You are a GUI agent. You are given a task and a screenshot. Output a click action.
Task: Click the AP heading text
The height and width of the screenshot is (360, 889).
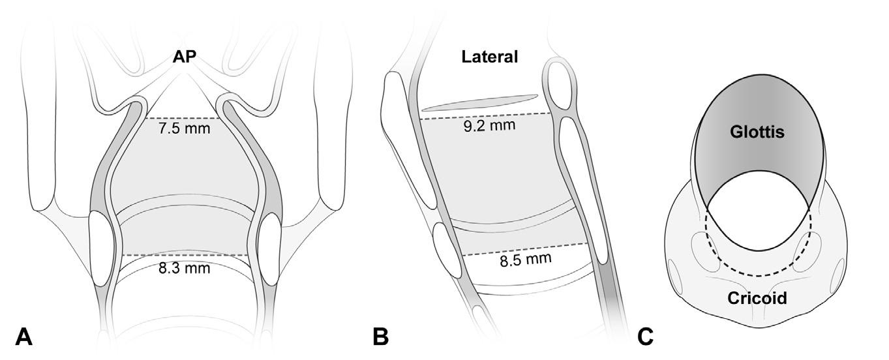tap(187, 57)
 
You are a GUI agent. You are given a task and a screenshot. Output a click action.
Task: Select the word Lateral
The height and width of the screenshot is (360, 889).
tap(489, 57)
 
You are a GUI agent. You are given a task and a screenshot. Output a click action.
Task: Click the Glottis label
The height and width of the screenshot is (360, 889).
tap(756, 132)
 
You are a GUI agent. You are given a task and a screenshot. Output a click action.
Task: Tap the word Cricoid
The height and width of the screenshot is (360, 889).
tap(757, 298)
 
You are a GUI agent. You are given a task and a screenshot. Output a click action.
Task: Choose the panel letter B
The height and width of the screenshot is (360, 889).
tap(381, 337)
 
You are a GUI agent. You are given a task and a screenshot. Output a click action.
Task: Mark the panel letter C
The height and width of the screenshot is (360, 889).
tap(645, 337)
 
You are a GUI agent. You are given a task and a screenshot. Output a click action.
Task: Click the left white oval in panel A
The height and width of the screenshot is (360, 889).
tap(102, 248)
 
